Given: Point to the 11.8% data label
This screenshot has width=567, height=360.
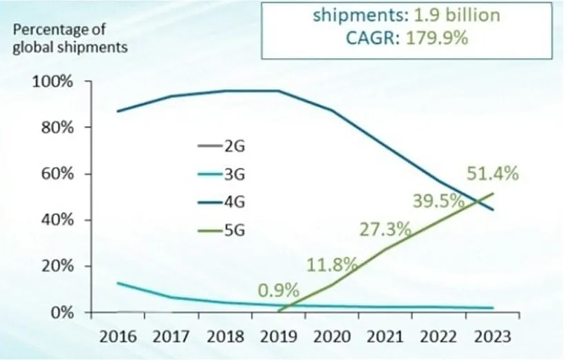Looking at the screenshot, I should point(332,263).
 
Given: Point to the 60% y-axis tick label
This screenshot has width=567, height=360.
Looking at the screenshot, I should point(55,174).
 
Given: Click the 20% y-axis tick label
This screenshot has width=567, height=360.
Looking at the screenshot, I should point(55,266).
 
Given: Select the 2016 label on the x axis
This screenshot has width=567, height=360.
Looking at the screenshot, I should point(117,337).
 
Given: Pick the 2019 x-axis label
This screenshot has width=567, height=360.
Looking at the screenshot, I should point(279,337).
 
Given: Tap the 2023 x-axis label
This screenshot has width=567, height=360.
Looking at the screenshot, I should point(494,337).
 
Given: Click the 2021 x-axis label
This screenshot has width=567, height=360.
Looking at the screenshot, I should point(386,337).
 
